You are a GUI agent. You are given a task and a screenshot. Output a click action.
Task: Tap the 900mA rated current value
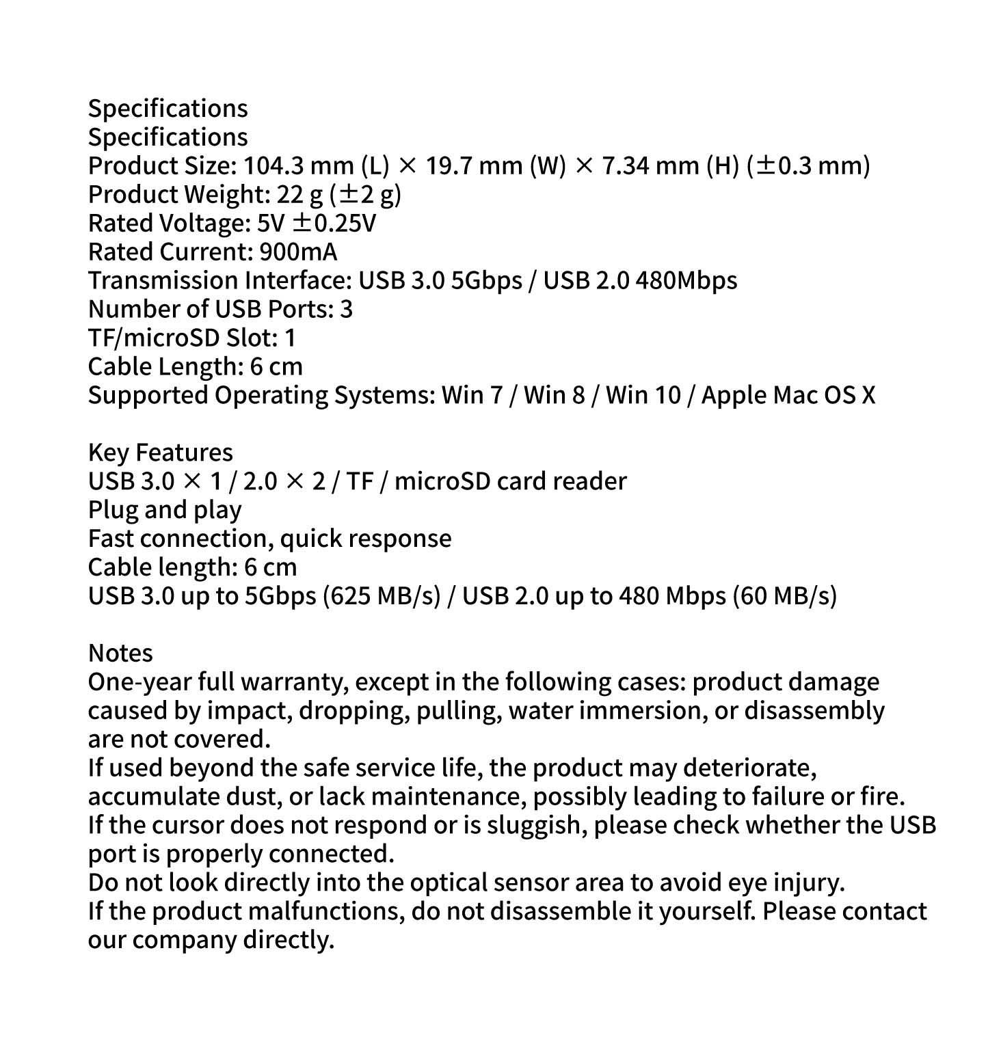click(x=298, y=252)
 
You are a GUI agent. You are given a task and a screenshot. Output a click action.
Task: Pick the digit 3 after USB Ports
click(x=346, y=310)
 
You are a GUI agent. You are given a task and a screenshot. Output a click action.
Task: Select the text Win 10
click(x=643, y=396)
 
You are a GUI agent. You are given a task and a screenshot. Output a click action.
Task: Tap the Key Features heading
click(x=160, y=453)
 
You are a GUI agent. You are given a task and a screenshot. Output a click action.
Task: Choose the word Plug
click(x=112, y=511)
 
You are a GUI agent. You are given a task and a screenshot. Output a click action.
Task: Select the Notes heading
click(x=120, y=654)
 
